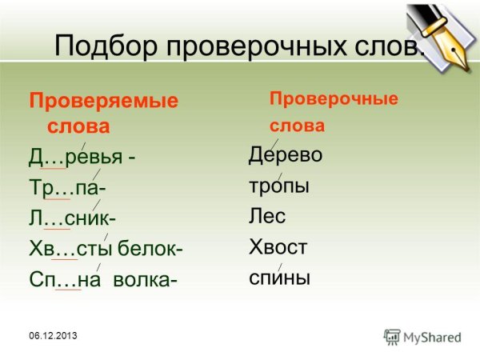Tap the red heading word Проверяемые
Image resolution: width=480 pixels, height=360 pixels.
(x=103, y=102)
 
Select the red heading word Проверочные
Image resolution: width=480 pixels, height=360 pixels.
(x=334, y=99)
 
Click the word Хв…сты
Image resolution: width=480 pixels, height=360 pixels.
(x=70, y=248)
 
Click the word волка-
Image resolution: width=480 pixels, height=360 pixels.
(x=146, y=279)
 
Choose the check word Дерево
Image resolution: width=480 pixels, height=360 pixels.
(x=286, y=154)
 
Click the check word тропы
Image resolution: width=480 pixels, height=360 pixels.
(x=278, y=186)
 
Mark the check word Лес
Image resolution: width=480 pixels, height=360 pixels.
(x=267, y=216)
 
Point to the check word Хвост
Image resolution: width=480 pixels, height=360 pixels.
(x=278, y=247)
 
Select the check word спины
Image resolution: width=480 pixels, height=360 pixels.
(x=279, y=278)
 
